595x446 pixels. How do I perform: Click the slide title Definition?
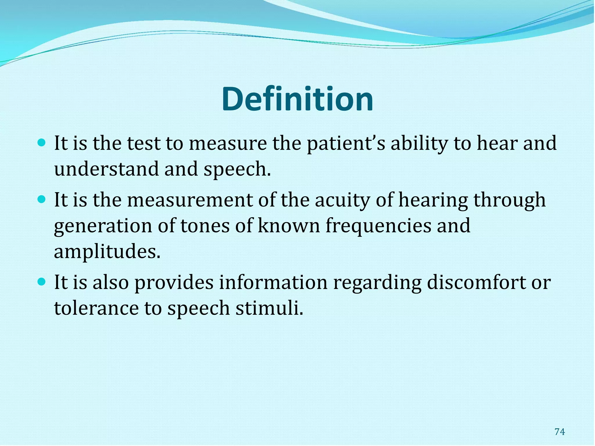(x=297, y=99)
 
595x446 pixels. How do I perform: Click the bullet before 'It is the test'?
(x=42, y=143)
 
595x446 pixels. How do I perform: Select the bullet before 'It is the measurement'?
(x=42, y=199)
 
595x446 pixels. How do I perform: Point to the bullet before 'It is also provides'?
(x=42, y=281)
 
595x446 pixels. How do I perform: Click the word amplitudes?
(x=107, y=251)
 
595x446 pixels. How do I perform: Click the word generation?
(x=103, y=226)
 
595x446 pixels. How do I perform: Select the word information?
(x=273, y=282)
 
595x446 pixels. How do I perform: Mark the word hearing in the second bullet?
(x=433, y=200)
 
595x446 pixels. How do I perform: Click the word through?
(x=510, y=200)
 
